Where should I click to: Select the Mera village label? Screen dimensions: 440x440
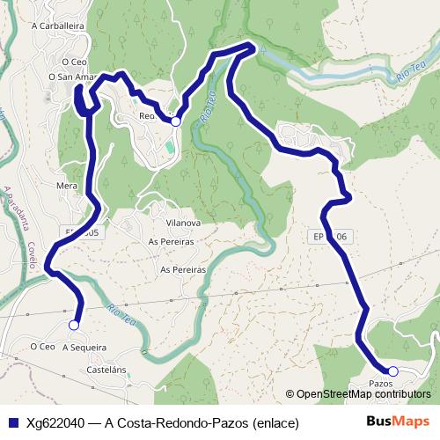pos(67,187)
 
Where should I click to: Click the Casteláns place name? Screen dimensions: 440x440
pos(107,371)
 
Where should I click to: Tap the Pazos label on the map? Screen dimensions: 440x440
pos(380,384)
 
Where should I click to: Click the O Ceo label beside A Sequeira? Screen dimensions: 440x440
pos(41,347)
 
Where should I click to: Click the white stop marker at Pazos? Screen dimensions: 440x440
pos(392,371)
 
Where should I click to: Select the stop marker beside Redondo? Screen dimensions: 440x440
pos(176,121)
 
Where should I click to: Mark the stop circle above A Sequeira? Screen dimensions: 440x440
pos(74,325)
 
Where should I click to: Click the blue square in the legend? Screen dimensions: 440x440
pos(13,423)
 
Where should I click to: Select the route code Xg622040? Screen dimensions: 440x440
pos(55,423)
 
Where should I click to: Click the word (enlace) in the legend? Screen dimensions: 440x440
pos(275,423)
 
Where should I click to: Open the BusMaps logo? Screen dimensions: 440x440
pos(398,422)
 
